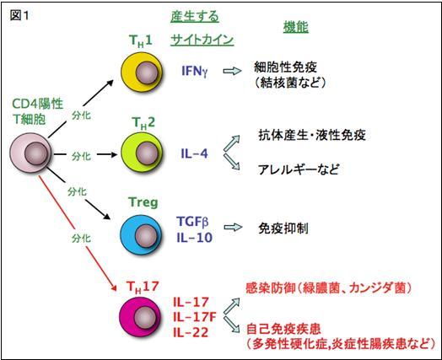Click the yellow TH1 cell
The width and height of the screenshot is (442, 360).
pyautogui.click(x=142, y=72)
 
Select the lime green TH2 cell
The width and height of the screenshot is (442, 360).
pyautogui.click(x=142, y=152)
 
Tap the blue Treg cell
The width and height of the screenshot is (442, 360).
pyautogui.click(x=141, y=234)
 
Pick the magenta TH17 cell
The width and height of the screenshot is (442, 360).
pyautogui.click(x=140, y=316)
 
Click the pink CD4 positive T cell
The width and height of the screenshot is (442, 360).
pyautogui.click(x=31, y=153)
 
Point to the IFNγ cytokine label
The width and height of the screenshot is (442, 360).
pyautogui.click(x=195, y=71)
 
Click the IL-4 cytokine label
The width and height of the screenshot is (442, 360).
pyautogui.click(x=194, y=153)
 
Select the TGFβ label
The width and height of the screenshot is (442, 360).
pyautogui.click(x=192, y=222)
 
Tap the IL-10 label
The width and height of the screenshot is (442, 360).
pyautogui.click(x=194, y=238)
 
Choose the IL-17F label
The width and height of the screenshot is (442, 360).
pyautogui.click(x=195, y=317)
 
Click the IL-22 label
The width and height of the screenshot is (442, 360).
pyautogui.click(x=191, y=332)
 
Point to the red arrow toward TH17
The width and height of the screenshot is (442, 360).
pyautogui.click(x=78, y=234)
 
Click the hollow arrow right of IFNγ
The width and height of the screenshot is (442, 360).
pyautogui.click(x=232, y=71)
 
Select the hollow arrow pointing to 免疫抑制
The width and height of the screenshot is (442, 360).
pyautogui.click(x=233, y=227)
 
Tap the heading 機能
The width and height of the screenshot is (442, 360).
pyautogui.click(x=296, y=27)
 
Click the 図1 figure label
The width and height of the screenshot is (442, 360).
pyautogui.click(x=19, y=15)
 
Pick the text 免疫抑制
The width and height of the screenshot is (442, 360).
pyautogui.click(x=283, y=228)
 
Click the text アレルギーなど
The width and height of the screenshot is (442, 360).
pyautogui.click(x=299, y=169)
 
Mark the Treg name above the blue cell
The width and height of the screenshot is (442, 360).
pyautogui.click(x=143, y=202)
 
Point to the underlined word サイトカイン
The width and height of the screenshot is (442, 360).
pyautogui.click(x=202, y=40)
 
